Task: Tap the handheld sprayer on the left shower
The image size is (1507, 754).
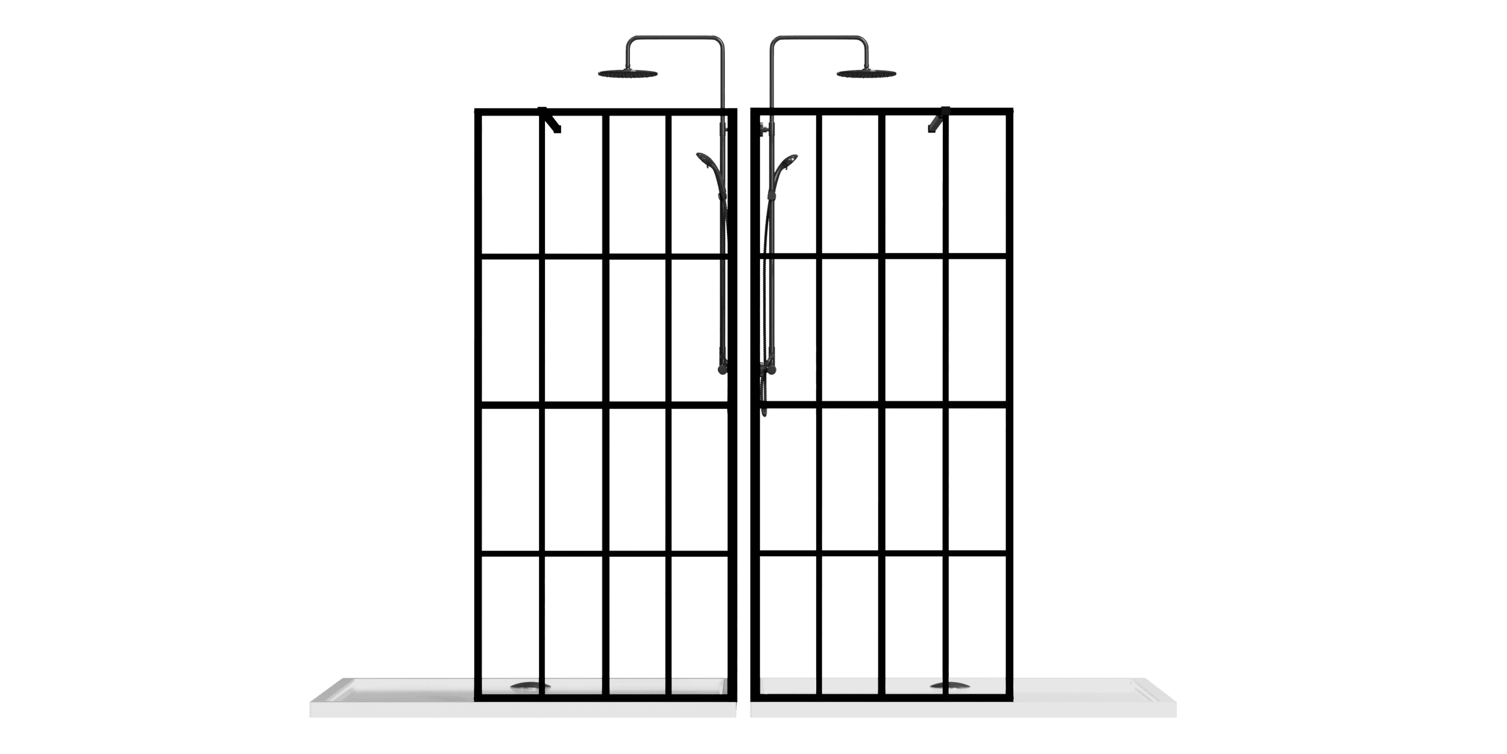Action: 704,161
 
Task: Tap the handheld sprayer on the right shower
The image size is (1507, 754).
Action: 786,161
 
